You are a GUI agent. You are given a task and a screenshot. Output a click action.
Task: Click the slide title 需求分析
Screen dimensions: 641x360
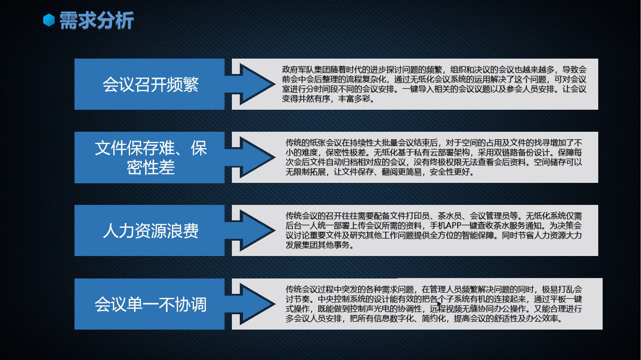(97, 20)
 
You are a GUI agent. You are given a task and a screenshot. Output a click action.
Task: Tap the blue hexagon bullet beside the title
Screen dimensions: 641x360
(49, 20)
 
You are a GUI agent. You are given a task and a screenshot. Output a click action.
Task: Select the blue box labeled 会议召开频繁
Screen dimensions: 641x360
(149, 84)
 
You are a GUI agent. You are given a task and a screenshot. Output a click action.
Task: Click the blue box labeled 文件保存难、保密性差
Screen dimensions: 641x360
(149, 157)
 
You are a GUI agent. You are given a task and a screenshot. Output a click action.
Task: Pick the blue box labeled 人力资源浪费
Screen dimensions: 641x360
(149, 230)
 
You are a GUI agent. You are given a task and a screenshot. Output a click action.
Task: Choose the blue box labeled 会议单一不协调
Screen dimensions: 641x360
(149, 304)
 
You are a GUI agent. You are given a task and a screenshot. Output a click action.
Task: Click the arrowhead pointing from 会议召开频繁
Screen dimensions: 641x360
(256, 84)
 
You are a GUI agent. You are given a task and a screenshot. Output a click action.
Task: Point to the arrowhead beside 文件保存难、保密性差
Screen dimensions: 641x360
(256, 157)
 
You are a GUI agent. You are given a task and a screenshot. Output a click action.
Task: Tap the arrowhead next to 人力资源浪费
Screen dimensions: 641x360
(256, 230)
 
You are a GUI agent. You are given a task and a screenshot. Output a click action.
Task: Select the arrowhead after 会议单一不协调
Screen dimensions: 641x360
(256, 304)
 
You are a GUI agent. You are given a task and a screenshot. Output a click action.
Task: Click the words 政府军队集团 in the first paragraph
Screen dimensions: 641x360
(306, 70)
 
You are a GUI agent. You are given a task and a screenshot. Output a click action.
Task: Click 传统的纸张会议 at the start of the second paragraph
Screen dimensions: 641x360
(313, 143)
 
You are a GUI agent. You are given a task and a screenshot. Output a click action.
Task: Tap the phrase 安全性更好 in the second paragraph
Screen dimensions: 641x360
(450, 172)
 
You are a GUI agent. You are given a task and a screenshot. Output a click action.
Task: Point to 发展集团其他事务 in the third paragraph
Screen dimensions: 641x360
(318, 245)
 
